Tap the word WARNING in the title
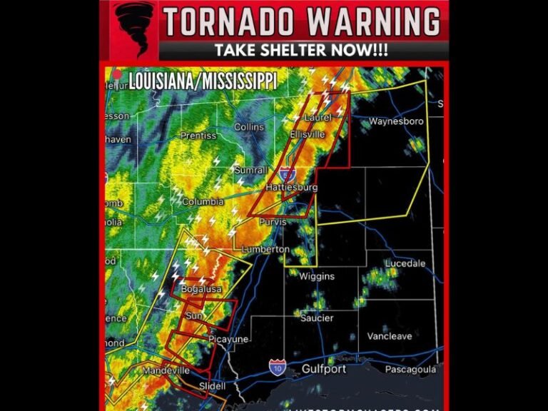(x=373, y=23)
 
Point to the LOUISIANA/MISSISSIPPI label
(x=203, y=81)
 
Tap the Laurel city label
(x=318, y=117)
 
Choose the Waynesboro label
(x=397, y=121)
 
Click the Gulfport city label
(x=323, y=370)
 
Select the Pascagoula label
(x=410, y=370)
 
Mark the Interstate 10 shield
(x=276, y=367)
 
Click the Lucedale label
(x=405, y=263)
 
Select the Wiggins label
(x=316, y=276)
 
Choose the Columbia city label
(x=203, y=202)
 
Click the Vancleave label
(x=389, y=336)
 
